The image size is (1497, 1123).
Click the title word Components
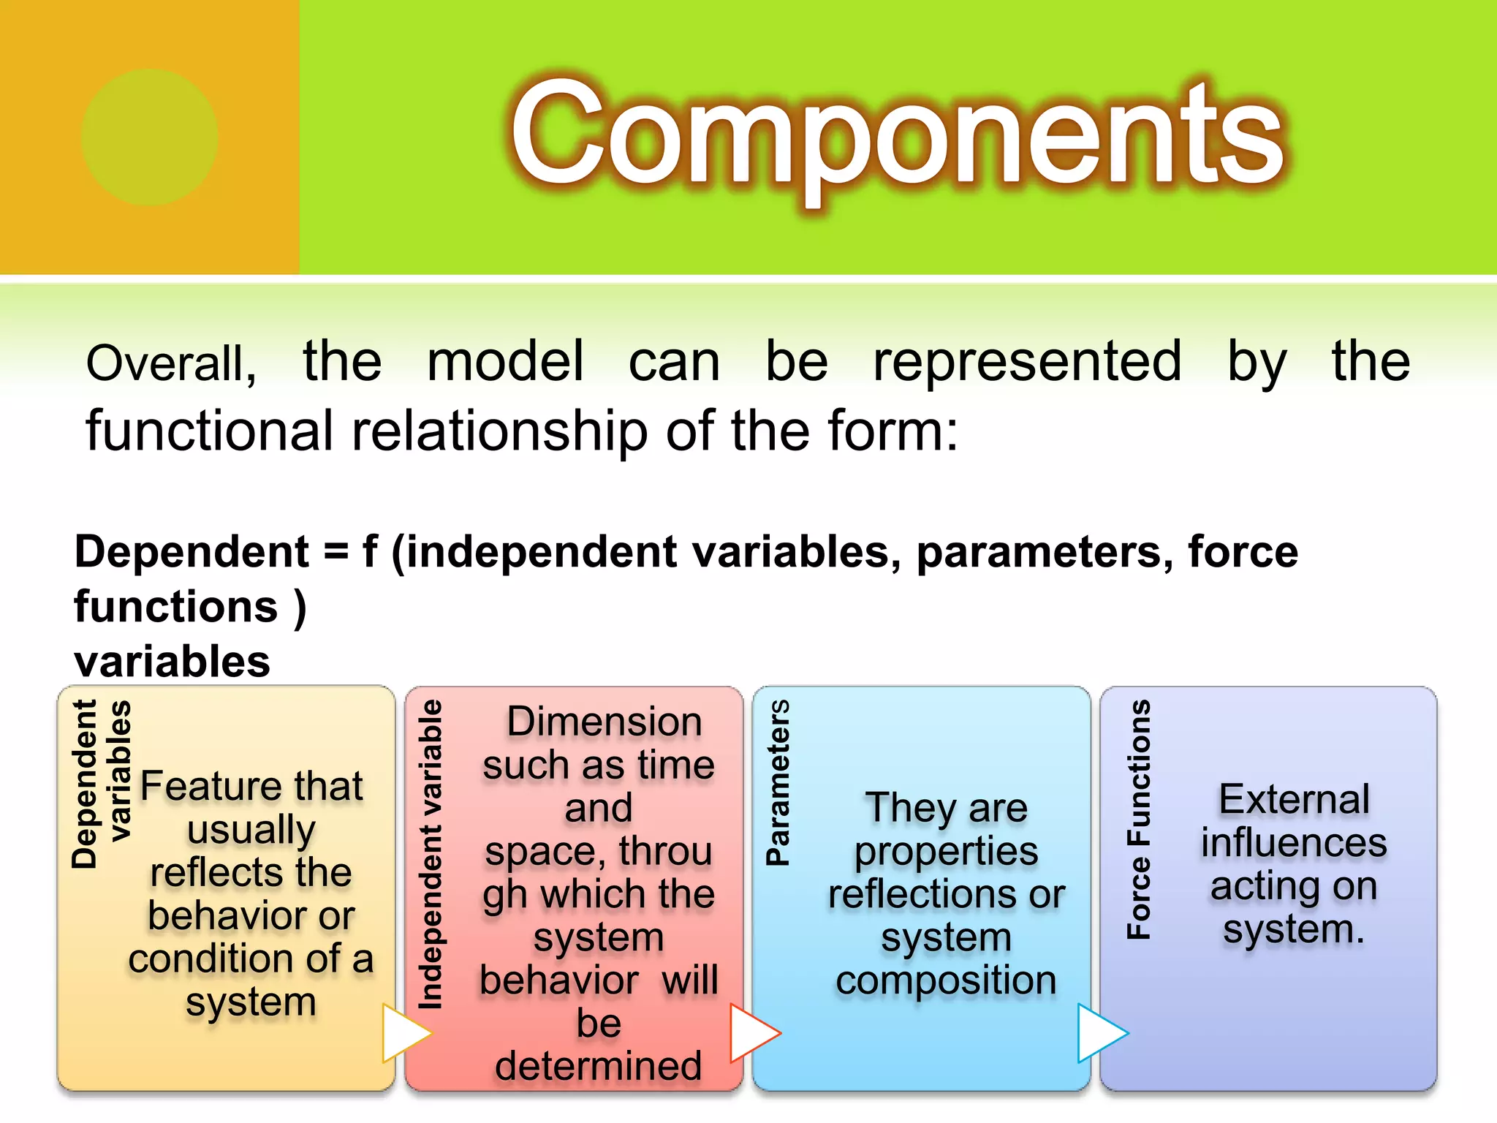click(896, 135)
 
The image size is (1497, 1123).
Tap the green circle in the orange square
click(150, 137)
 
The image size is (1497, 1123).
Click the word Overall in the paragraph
click(170, 363)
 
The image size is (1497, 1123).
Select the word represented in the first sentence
click(1026, 362)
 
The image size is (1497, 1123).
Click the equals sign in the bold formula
click(336, 552)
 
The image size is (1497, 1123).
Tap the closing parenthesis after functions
click(300, 608)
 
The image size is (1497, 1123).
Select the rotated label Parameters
click(777, 782)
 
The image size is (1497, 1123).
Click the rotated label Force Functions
click(1138, 819)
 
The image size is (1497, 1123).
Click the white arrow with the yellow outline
click(404, 1032)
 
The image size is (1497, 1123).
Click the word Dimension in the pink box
click(604, 722)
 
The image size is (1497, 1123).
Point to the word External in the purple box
click(1293, 799)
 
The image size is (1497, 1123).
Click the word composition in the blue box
click(946, 980)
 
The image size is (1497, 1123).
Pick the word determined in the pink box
click(598, 1066)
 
